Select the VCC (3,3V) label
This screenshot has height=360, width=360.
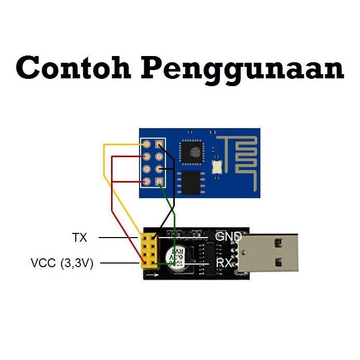click(62, 264)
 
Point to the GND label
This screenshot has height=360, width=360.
click(228, 237)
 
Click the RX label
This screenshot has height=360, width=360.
click(224, 263)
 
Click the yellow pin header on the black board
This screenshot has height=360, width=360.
click(148, 251)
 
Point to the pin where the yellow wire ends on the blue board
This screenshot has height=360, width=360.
click(148, 144)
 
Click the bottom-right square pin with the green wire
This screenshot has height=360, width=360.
click(159, 181)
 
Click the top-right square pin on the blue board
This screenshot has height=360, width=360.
click(159, 144)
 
